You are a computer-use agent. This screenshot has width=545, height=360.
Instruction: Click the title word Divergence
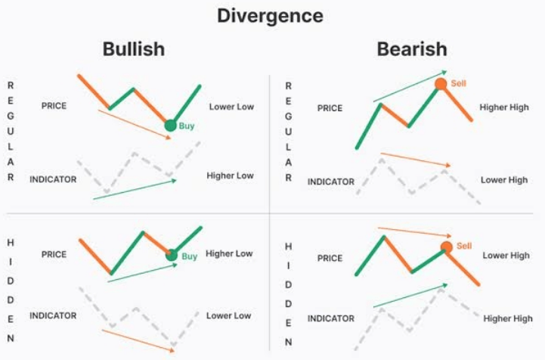[x=270, y=15]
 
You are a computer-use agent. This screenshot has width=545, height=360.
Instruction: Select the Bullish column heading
[x=134, y=50]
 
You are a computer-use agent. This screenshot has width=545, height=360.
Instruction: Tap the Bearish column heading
[x=412, y=50]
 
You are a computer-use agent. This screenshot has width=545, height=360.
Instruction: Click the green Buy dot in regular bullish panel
[x=170, y=126]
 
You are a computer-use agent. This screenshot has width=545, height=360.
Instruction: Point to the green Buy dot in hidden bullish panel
[x=172, y=255]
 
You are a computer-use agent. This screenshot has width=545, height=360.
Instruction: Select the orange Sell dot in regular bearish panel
[x=441, y=83]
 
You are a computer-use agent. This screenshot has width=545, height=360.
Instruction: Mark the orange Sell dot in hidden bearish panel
[x=446, y=247]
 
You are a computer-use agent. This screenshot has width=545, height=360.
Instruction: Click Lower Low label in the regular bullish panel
[x=231, y=107]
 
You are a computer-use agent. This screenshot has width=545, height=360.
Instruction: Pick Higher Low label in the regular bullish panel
[x=230, y=175]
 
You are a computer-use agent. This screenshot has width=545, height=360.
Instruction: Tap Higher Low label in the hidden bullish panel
[x=229, y=253]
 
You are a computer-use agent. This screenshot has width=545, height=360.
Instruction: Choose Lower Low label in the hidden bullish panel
[x=229, y=315]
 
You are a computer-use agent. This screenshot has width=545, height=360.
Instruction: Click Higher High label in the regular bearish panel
[x=504, y=107]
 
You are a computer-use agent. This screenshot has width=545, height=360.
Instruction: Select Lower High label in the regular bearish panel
[x=504, y=180]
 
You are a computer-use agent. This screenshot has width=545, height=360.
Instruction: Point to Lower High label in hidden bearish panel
[x=506, y=256]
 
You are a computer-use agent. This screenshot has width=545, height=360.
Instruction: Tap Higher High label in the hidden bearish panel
[x=508, y=318]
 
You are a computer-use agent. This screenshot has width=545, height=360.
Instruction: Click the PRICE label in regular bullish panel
[x=54, y=106]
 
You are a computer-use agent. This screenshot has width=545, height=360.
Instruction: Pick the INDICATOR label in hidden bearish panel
[x=330, y=318]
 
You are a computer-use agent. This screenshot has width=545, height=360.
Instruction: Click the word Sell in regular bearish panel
[x=459, y=83]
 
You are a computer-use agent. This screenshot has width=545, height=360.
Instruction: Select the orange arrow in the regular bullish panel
[x=135, y=124]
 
